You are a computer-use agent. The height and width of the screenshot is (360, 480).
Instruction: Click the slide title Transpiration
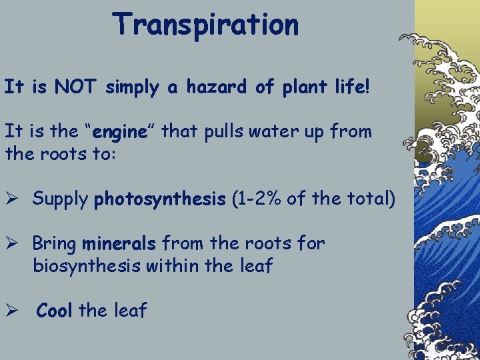coord(206,25)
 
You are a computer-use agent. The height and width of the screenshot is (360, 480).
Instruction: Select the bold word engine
coord(121,132)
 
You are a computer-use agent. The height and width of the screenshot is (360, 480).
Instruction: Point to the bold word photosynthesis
coord(160,199)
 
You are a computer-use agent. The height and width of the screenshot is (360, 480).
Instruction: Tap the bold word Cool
coord(55,310)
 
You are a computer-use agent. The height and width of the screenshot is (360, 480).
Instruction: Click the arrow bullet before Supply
coord(13,199)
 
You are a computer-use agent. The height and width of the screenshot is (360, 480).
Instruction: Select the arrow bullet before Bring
coord(13,243)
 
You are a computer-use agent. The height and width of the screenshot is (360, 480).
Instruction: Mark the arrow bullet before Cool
coord(13,310)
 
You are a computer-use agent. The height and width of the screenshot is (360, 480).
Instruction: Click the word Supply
coord(61,199)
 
